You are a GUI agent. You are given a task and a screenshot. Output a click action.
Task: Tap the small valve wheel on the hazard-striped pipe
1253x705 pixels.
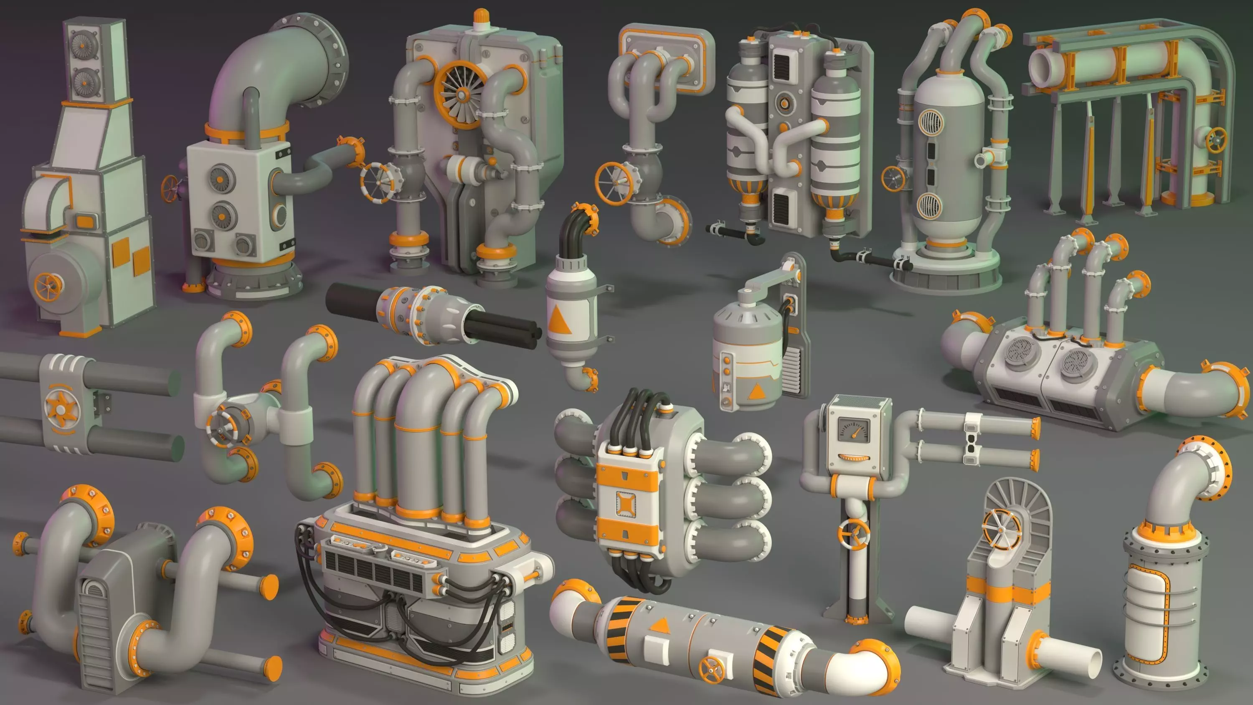coord(711,669)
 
